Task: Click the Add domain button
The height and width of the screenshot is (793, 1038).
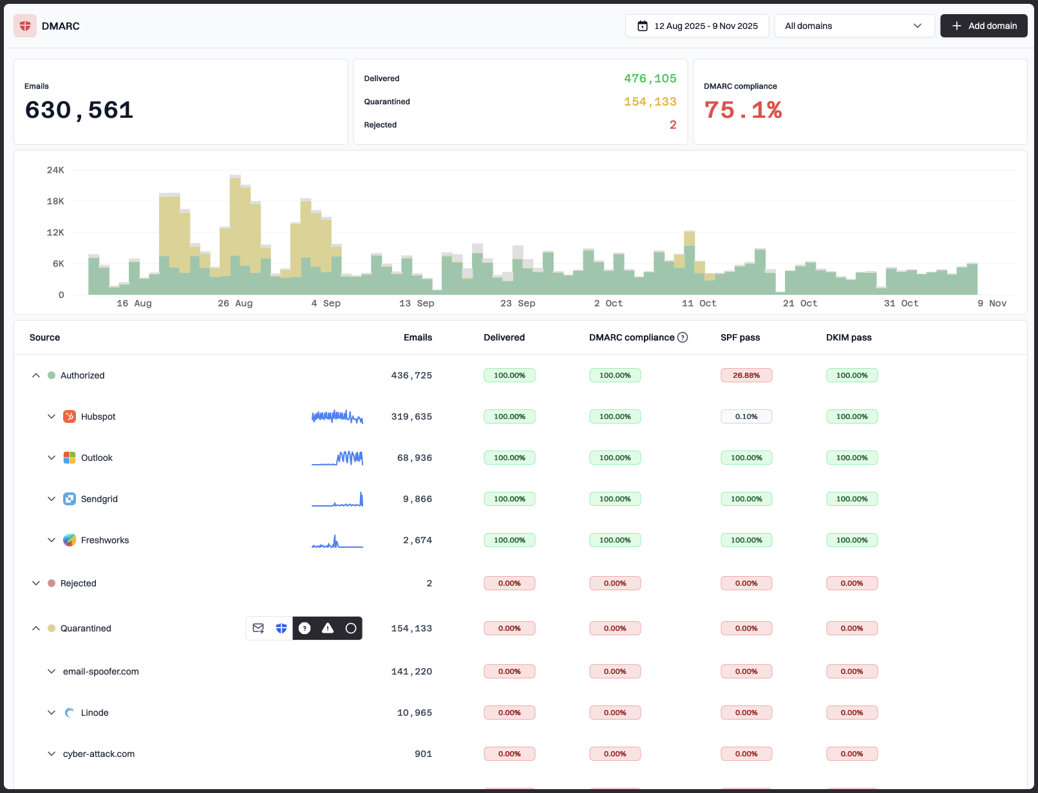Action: coord(983,26)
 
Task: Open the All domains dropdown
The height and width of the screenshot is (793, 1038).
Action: coord(854,26)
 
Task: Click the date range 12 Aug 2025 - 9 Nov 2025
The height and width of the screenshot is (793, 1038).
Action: coord(697,26)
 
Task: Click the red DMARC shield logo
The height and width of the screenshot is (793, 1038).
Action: coord(25,26)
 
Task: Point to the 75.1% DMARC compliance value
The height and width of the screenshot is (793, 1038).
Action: coord(742,110)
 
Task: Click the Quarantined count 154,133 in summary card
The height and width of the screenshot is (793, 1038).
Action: coord(650,102)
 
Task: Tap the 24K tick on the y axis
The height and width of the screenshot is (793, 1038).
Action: coord(55,170)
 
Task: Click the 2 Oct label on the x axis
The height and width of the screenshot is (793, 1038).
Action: coord(608,303)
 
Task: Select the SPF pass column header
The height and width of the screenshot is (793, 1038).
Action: coord(740,337)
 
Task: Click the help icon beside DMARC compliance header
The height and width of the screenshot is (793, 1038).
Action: coord(683,337)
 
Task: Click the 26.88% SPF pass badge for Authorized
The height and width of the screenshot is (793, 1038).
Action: coord(746,375)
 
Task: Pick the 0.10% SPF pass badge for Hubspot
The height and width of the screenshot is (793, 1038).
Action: coord(746,416)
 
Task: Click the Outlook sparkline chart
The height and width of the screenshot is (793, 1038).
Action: coord(337,458)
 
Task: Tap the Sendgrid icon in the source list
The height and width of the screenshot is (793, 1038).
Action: coord(70,499)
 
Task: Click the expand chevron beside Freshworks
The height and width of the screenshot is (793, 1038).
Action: coord(52,540)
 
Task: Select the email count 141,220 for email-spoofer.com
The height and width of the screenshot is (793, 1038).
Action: coord(411,671)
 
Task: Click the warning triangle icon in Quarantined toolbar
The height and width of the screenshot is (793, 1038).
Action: coord(328,628)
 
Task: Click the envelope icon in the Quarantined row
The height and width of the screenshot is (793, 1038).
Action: coord(258,628)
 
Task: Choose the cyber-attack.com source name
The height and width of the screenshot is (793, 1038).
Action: coord(99,754)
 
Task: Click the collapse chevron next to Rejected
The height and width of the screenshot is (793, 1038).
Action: coord(36,583)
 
